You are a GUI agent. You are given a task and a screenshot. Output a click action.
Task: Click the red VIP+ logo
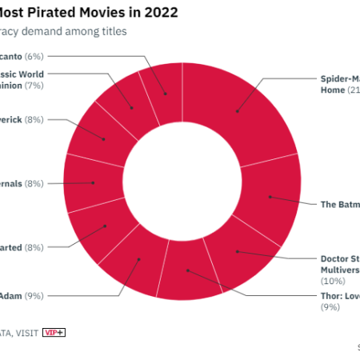[54, 332]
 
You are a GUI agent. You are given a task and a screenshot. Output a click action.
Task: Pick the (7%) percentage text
[34, 85]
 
